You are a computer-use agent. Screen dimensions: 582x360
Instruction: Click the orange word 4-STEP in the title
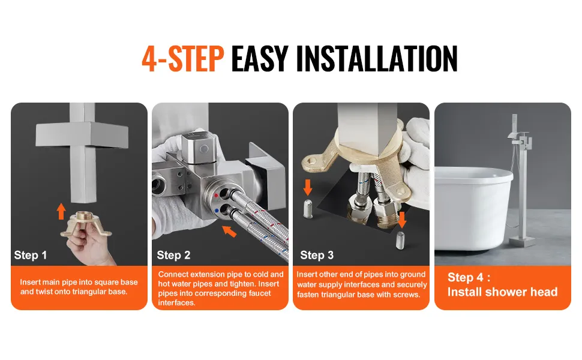[x=182, y=58]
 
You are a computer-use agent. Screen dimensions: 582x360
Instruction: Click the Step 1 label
[x=31, y=255]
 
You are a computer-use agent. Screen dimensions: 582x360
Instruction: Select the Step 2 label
[x=173, y=255]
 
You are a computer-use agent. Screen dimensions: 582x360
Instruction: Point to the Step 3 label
[x=317, y=255]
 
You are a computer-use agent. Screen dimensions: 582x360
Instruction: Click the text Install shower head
[x=502, y=292]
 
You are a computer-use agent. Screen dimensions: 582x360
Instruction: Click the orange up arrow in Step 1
[x=61, y=211]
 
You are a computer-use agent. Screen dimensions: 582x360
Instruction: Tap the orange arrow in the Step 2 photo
[x=229, y=231]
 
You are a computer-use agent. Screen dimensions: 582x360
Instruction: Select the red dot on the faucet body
[x=217, y=195]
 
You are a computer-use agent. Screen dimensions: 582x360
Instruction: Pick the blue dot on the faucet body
[x=217, y=211]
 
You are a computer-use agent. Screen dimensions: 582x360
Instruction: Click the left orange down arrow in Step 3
[x=308, y=187]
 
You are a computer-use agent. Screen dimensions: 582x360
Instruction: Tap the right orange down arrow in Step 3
[x=401, y=220]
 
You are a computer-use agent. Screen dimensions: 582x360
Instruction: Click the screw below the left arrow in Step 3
[x=308, y=209]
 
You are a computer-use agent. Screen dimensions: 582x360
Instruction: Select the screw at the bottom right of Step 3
[x=400, y=240]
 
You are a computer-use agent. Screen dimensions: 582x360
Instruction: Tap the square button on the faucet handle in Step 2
[x=203, y=149]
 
